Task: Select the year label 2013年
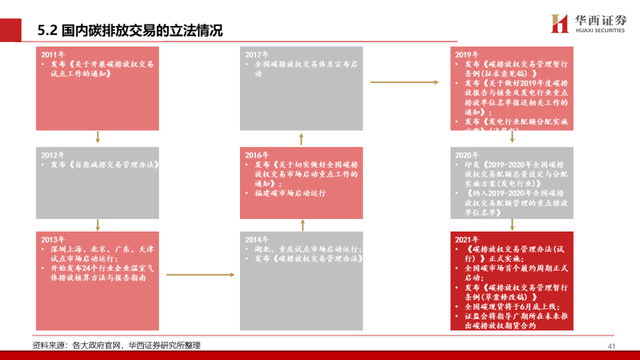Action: point(53,241)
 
